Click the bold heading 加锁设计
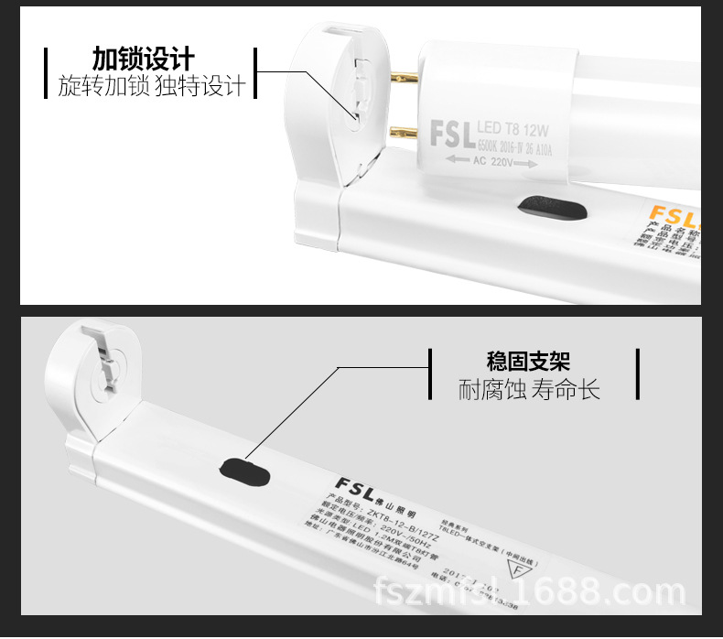click(x=144, y=59)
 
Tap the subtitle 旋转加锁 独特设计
click(x=152, y=87)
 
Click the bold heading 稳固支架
click(x=534, y=362)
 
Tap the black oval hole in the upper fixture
click(x=551, y=210)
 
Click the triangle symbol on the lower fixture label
click(x=519, y=569)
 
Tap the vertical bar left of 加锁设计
click(x=46, y=73)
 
